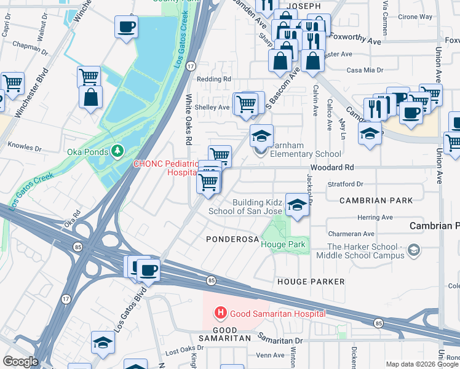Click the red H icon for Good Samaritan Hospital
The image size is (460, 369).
[x=220, y=314]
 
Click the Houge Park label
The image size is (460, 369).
[x=283, y=244]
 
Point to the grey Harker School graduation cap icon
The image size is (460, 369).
[x=414, y=250]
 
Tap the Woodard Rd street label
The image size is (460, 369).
[x=331, y=167]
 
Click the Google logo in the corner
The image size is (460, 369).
[x=20, y=362]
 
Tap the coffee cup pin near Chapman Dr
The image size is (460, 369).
[x=126, y=27]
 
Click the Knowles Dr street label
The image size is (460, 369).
[x=25, y=148]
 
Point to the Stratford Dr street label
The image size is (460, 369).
[x=346, y=184]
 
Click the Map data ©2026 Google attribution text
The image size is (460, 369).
[x=421, y=364]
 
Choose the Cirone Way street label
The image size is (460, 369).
[x=415, y=17]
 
